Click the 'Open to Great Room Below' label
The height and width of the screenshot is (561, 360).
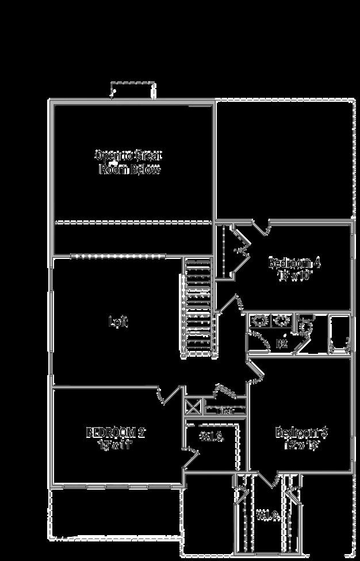(x=129, y=162)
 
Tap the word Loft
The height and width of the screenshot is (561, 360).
(x=118, y=322)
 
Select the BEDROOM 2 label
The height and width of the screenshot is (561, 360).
(x=115, y=432)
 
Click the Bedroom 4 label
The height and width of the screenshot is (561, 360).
(x=294, y=263)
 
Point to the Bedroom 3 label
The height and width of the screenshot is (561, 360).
(x=301, y=432)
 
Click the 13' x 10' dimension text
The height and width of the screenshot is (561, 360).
(x=294, y=275)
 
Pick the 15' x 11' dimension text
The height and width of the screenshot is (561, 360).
(x=115, y=444)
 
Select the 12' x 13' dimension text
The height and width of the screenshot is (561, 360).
(x=301, y=444)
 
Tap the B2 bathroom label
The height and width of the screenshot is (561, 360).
(x=282, y=344)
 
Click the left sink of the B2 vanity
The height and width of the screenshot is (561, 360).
(x=260, y=321)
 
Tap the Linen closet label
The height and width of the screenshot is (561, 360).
(x=225, y=411)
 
